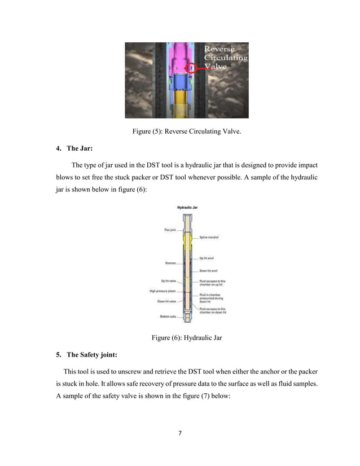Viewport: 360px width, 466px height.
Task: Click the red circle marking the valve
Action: (x=192, y=68)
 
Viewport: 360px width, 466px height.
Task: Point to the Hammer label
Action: (x=170, y=263)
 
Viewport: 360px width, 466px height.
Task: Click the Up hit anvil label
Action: (x=208, y=258)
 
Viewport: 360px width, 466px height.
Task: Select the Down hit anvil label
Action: (x=209, y=271)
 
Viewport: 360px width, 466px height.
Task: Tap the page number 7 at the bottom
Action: (x=179, y=433)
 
